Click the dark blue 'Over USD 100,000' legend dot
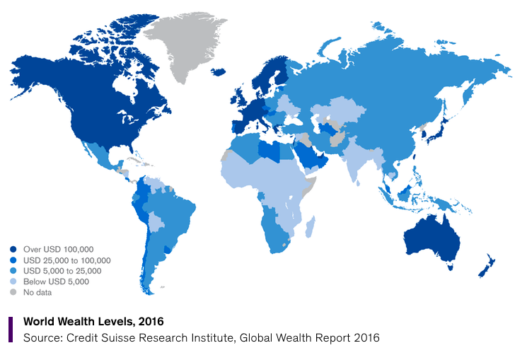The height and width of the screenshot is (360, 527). click(13, 249)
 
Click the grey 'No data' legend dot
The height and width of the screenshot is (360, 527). click(13, 291)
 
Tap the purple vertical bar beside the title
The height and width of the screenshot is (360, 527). click(11, 329)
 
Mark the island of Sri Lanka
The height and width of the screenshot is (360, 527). click(366, 182)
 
